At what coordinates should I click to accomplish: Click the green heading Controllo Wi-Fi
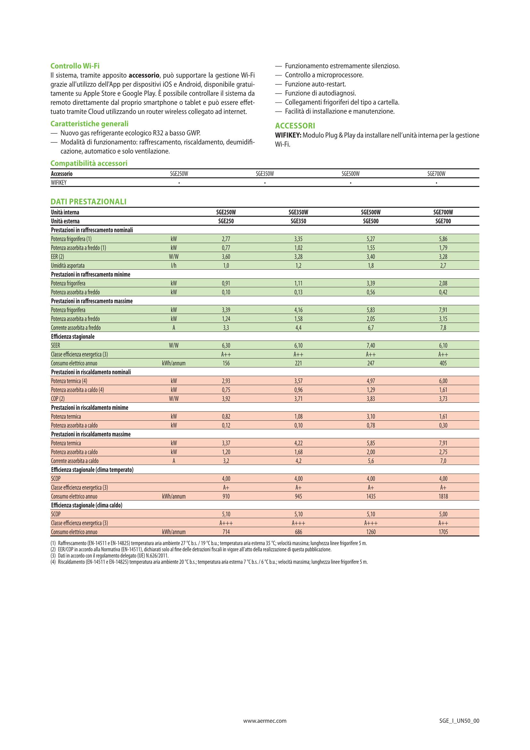click(x=75, y=66)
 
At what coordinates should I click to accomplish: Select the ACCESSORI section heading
click(x=295, y=126)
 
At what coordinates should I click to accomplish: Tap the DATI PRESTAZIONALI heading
click(x=88, y=202)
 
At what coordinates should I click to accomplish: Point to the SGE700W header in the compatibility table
click(x=436, y=174)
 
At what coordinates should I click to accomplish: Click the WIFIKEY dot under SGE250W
click(x=179, y=182)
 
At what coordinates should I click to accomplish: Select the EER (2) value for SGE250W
click(x=226, y=257)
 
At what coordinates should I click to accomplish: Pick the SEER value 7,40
click(x=371, y=346)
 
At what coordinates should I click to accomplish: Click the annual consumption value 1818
click(x=443, y=496)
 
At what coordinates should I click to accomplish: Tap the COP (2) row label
click(x=58, y=399)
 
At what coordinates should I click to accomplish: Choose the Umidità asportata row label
click(x=68, y=265)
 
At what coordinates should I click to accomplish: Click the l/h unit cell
click(x=174, y=265)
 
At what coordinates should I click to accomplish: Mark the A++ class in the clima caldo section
click(x=443, y=523)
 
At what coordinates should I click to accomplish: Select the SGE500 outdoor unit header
click(x=371, y=221)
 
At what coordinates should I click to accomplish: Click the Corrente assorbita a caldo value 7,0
click(x=443, y=461)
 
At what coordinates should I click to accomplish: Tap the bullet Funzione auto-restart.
click(x=315, y=84)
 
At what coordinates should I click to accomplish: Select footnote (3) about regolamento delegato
click(x=110, y=556)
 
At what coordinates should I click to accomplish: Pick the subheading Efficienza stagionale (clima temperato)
click(x=92, y=470)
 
